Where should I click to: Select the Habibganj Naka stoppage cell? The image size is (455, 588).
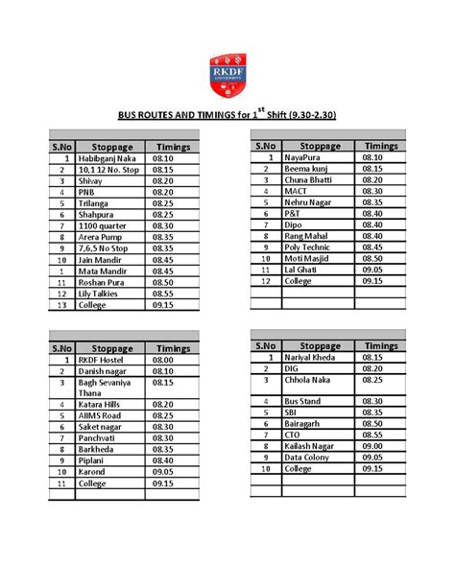pos(107,158)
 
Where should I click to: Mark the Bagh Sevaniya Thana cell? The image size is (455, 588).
pos(106,388)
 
